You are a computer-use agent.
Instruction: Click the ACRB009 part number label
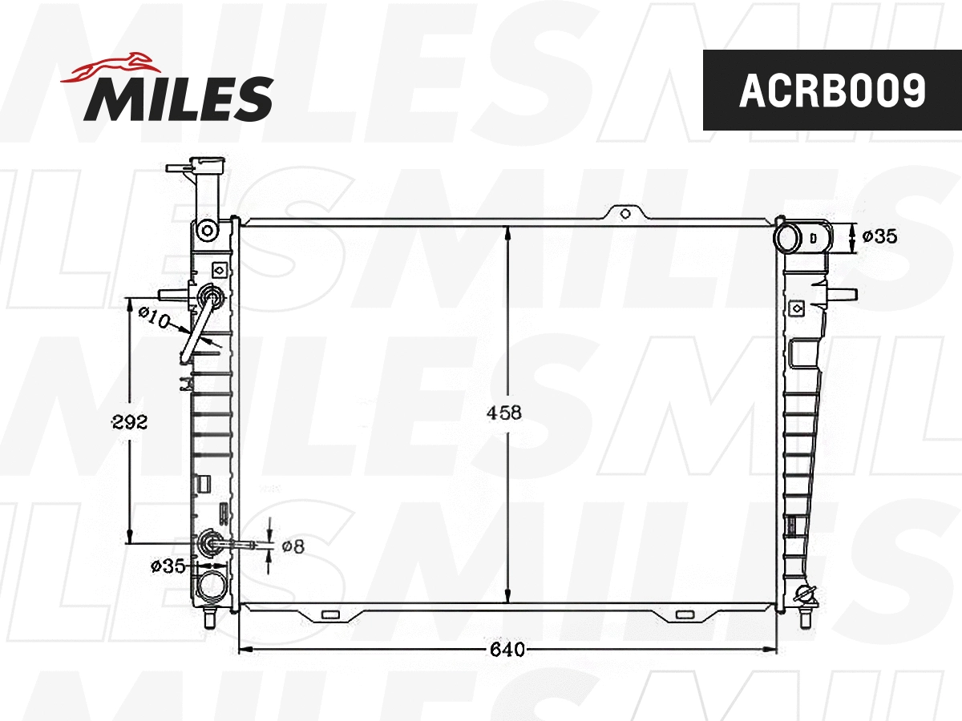click(831, 91)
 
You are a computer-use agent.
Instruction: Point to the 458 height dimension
click(505, 413)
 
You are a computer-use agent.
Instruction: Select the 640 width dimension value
click(508, 650)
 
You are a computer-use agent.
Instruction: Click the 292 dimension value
click(130, 422)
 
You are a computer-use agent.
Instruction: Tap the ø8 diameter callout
click(293, 546)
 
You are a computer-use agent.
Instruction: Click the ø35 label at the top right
click(879, 236)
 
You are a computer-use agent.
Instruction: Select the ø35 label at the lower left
click(168, 566)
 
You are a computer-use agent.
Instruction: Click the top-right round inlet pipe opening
click(789, 237)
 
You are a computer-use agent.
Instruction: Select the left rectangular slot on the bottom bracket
click(329, 615)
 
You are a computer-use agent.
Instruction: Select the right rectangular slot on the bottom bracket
click(684, 615)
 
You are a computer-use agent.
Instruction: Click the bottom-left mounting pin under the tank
click(210, 618)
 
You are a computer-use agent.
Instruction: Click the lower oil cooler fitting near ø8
click(212, 542)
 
